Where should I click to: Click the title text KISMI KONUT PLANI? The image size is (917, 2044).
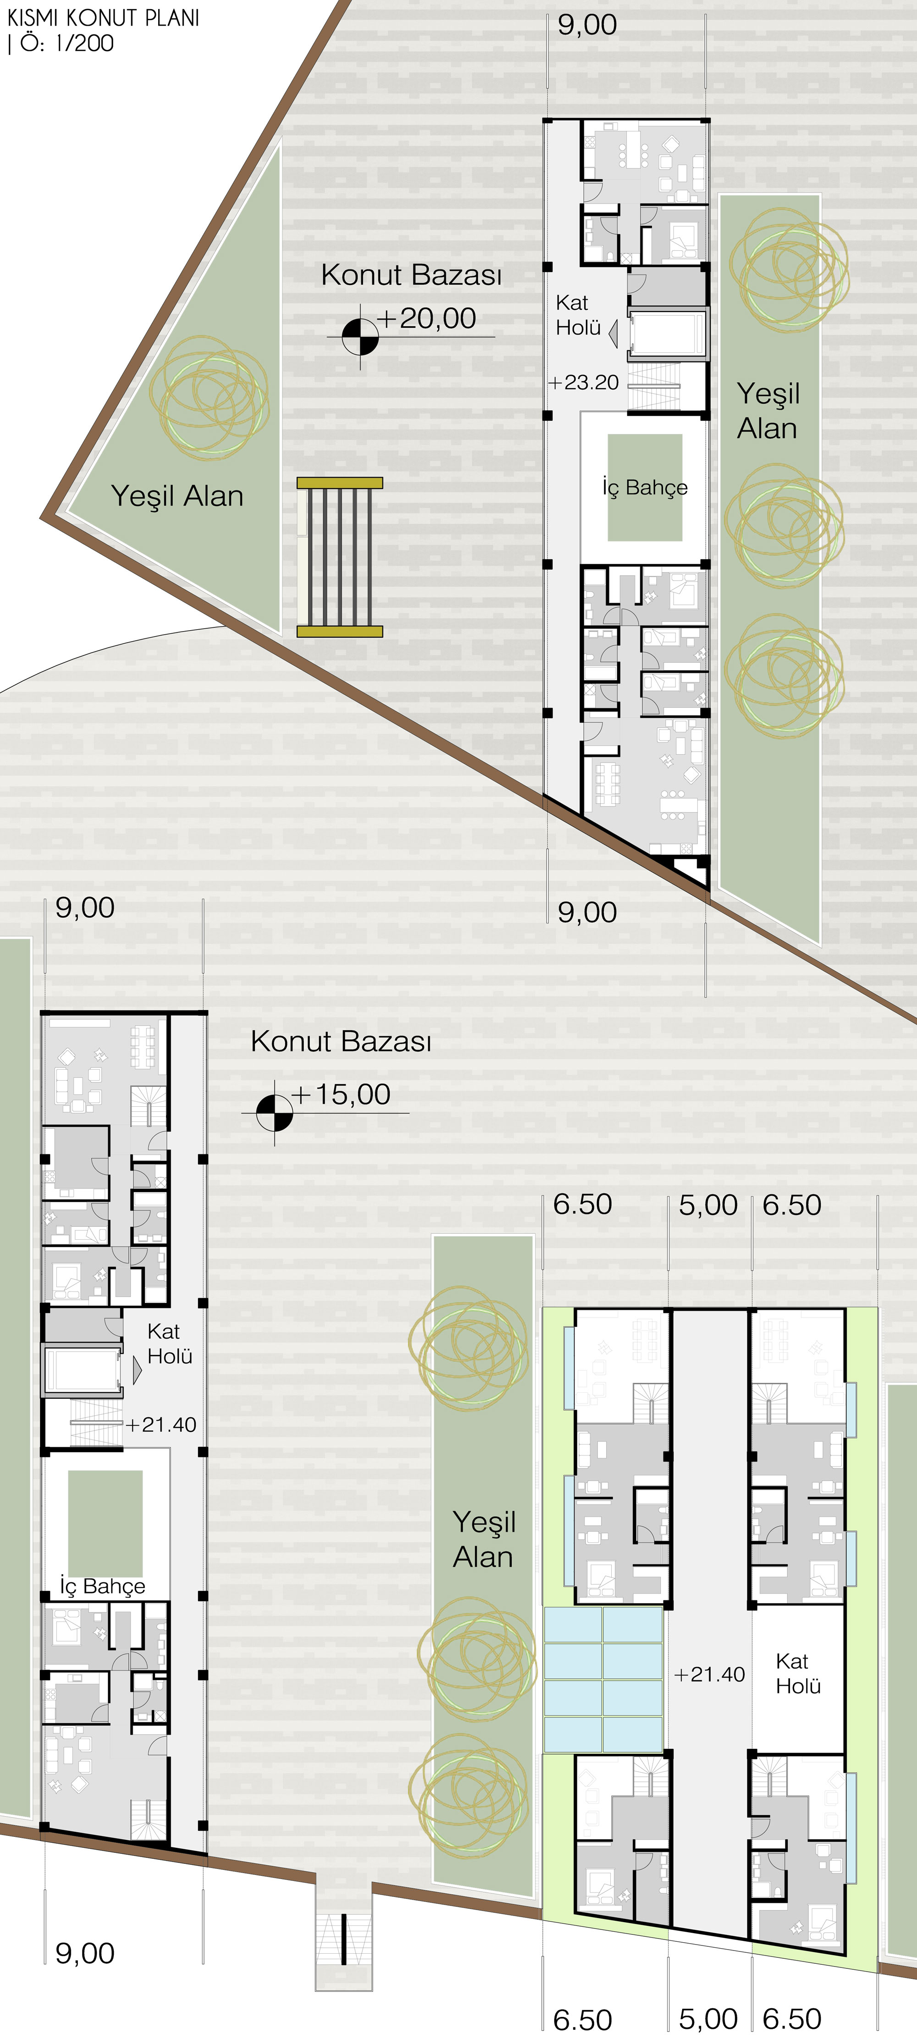(103, 17)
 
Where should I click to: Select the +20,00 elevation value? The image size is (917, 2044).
(427, 318)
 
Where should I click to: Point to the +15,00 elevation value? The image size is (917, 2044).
(342, 1094)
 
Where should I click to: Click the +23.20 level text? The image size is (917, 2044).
(584, 383)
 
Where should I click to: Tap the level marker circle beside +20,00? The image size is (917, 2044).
(360, 336)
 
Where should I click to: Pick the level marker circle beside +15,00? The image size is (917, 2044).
(275, 1112)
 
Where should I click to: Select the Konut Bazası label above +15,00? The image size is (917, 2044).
(342, 1041)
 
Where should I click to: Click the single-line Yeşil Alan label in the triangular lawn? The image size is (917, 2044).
(177, 496)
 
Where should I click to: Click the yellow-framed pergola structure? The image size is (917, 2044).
(340, 557)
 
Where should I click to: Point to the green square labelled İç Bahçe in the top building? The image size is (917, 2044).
(645, 487)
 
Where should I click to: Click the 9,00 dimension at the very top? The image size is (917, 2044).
(587, 25)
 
